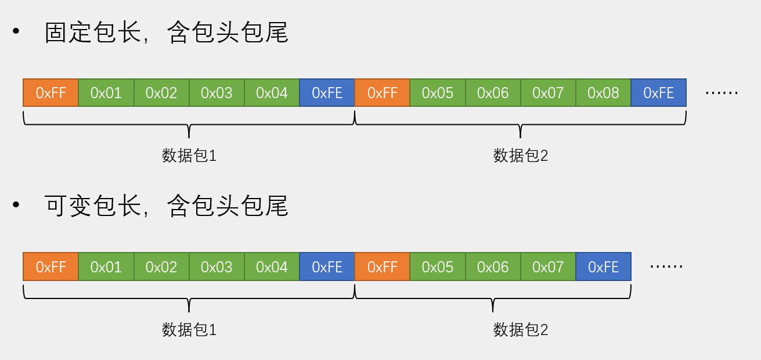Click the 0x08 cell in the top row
click(603, 93)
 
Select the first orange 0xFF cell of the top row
click(51, 93)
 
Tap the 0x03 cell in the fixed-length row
click(217, 93)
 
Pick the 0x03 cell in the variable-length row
click(217, 267)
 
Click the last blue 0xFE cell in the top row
click(658, 93)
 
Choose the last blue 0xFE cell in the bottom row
click(603, 267)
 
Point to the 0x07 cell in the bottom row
click(548, 267)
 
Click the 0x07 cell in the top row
click(548, 93)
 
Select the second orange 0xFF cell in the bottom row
click(382, 267)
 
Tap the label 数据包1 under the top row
click(189, 156)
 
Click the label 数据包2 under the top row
click(520, 156)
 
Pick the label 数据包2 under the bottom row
click(520, 330)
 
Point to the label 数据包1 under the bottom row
click(189, 330)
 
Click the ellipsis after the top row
click(721, 93)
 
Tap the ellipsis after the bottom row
click(666, 267)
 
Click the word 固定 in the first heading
click(68, 33)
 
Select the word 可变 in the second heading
click(68, 206)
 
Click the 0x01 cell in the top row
click(106, 93)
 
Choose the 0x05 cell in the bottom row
click(437, 267)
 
